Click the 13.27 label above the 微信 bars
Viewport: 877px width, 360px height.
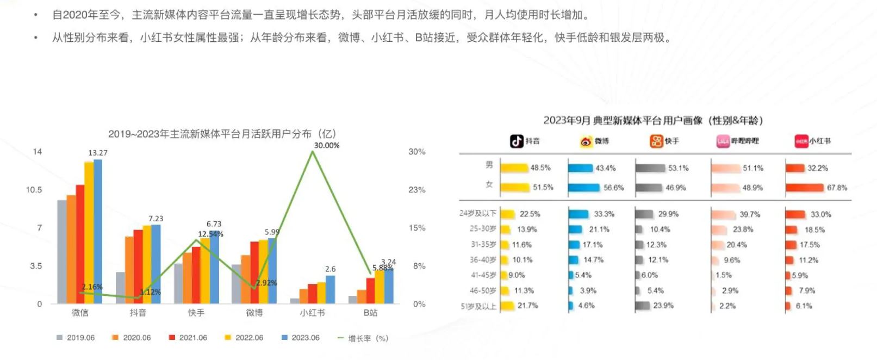pos(98,153)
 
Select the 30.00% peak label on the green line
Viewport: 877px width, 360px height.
pos(327,145)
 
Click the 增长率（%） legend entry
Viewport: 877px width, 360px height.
pos(363,338)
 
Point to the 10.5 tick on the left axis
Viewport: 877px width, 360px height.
pos(34,190)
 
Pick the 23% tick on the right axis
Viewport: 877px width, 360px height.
pos(417,190)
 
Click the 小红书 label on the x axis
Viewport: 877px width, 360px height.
pos(312,313)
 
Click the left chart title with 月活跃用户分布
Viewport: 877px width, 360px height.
pos(222,134)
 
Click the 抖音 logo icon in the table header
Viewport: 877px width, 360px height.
pos(516,141)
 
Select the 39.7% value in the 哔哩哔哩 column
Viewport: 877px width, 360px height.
pos(750,214)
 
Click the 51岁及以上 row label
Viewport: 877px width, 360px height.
pos(478,306)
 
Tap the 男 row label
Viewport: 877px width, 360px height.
pos(489,165)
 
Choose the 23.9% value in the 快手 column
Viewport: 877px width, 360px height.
pos(663,306)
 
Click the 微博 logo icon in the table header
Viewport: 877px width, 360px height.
pos(586,141)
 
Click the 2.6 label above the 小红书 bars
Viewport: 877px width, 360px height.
pos(330,269)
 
